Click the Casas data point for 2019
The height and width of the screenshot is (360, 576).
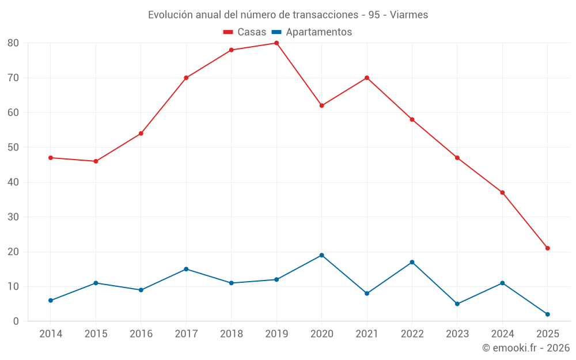[x=276, y=43]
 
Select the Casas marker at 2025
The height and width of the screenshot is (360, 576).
[x=548, y=248]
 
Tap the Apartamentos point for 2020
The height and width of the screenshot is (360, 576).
[x=321, y=255]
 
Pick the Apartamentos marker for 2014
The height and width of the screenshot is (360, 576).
[x=51, y=300]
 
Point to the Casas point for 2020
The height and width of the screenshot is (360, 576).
[x=321, y=105]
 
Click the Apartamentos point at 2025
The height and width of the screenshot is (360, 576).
[x=548, y=314]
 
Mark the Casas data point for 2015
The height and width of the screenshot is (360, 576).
[x=96, y=161]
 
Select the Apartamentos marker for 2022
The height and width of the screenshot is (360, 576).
[x=412, y=262]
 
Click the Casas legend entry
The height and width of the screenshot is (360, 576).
[x=245, y=32]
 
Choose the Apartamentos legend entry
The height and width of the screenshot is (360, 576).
[x=312, y=32]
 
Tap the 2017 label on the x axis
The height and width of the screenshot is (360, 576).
[x=186, y=334]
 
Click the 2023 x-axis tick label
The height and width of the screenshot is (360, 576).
[x=457, y=334]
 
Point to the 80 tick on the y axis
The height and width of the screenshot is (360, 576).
[x=13, y=43]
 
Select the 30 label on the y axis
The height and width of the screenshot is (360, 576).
[x=13, y=217]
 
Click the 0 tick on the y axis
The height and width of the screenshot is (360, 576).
[x=16, y=321]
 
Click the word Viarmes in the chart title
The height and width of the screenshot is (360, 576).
[x=409, y=15]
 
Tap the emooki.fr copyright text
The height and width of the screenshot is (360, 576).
[x=526, y=348]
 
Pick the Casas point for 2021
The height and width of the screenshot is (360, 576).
[x=367, y=78]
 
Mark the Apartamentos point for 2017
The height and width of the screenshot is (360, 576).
[x=186, y=269]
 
